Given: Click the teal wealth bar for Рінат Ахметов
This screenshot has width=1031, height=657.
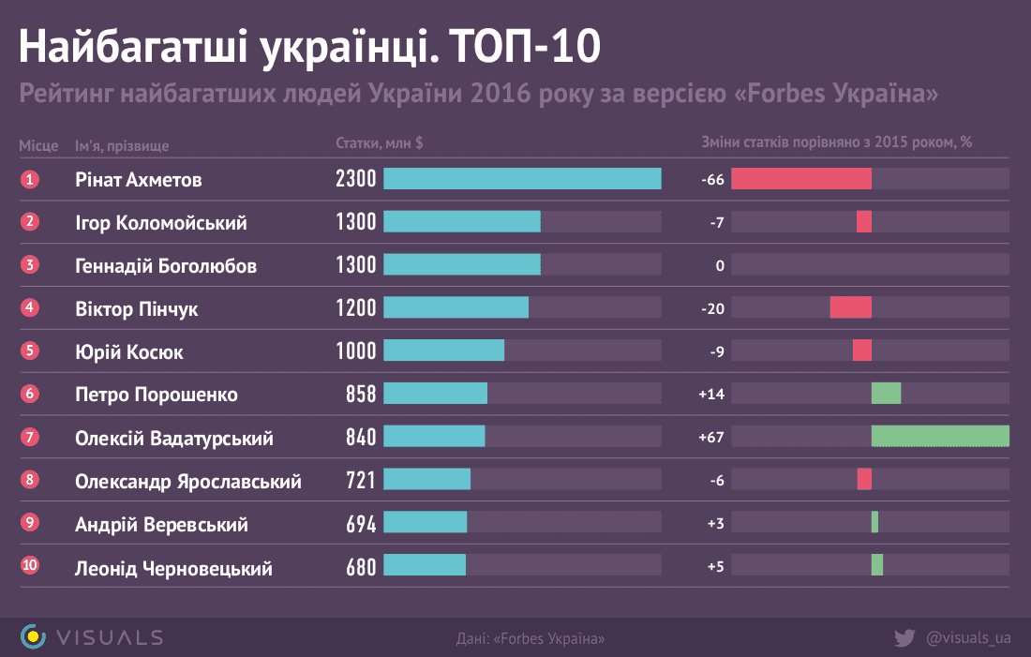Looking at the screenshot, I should tap(522, 179).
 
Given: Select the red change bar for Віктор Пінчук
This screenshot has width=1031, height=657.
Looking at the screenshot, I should tap(850, 307).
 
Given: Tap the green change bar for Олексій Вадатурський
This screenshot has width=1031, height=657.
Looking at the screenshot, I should tap(940, 437).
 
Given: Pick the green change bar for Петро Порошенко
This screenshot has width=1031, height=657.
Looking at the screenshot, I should tap(886, 394).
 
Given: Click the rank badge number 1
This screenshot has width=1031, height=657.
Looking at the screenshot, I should tap(31, 179).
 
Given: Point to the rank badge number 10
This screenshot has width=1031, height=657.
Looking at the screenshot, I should tap(31, 565).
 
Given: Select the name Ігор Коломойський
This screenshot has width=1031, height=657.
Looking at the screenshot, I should tap(160, 223).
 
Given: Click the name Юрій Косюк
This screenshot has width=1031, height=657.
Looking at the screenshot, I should tap(128, 351).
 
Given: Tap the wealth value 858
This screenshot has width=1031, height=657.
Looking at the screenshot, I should tap(360, 395).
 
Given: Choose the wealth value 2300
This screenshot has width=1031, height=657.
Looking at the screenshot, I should tap(355, 179).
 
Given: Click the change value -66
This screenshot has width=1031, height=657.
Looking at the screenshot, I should tap(712, 180).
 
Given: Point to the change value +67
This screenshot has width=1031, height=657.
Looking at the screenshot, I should tap(711, 438).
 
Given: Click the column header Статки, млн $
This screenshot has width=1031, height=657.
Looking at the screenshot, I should tap(379, 143).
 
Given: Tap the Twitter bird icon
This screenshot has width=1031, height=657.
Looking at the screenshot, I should tap(904, 637).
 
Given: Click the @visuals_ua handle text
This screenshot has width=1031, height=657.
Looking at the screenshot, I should tap(968, 637).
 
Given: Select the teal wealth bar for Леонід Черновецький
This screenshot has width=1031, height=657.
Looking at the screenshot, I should tap(425, 565).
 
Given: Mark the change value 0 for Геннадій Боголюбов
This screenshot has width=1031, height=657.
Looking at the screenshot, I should tap(720, 266).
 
